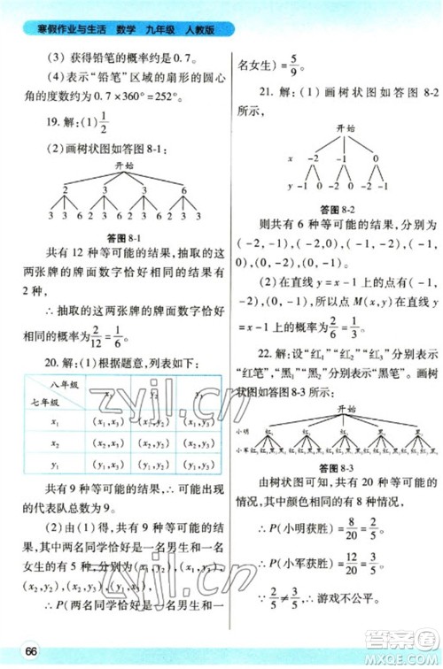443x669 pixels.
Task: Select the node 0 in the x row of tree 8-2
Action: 376,158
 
